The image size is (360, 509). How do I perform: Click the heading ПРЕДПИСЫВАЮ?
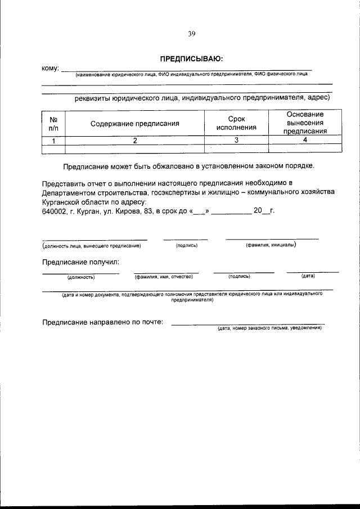tap(191, 58)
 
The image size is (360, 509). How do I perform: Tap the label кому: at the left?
tap(51, 68)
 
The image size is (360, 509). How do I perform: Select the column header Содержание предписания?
tap(135, 123)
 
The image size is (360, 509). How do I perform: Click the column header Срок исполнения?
tap(236, 123)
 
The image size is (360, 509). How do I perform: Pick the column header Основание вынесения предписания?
tap(305, 123)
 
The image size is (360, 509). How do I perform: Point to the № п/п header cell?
tap(54, 123)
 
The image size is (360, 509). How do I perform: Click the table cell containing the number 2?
tap(135, 141)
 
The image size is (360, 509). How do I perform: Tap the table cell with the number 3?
tap(236, 141)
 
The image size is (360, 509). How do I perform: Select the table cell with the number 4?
tap(305, 140)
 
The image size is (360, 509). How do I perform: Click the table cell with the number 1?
tap(54, 141)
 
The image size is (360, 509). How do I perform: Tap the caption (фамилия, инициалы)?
tap(271, 245)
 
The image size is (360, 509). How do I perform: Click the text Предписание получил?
tap(81, 262)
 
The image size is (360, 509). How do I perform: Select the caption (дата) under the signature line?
tap(308, 276)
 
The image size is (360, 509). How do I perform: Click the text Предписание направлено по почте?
tap(103, 322)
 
